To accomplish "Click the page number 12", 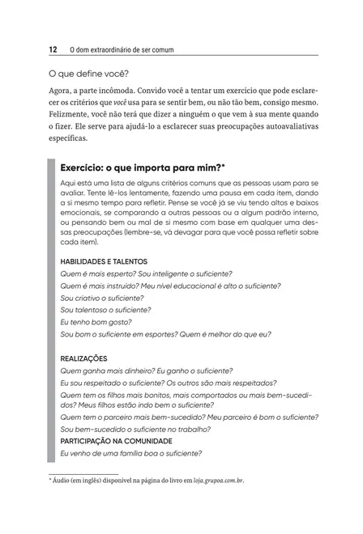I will [53, 49].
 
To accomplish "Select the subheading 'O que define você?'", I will [88, 74].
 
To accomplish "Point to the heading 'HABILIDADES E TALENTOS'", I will [104, 261].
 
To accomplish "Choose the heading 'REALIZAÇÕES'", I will [84, 358].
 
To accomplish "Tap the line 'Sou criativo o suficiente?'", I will [102, 298].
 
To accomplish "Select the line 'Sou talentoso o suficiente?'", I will [105, 309].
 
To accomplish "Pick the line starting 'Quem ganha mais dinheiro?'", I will [147, 371].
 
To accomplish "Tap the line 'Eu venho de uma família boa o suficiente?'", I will [131, 453].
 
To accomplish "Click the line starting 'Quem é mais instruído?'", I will [171, 286].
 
